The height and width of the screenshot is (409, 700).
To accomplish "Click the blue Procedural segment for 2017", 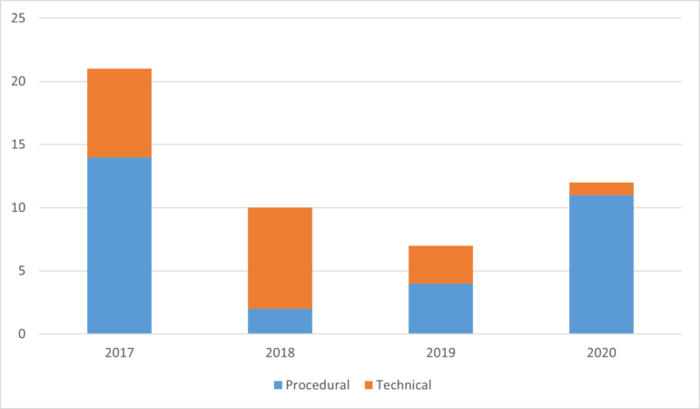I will coord(119,245).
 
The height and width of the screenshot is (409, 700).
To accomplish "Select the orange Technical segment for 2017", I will coord(119,113).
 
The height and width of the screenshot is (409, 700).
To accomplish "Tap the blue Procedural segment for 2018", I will coord(280,321).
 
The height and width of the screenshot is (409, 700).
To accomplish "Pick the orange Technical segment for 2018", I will coord(280,258).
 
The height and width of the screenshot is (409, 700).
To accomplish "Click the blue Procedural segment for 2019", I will coord(440,308).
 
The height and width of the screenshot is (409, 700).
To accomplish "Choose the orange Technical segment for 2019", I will coord(440,264).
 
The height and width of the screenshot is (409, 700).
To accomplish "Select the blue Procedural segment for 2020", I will coord(601,264).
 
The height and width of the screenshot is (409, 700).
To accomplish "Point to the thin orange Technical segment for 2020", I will coord(601,189).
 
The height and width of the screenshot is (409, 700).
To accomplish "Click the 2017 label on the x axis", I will coord(119,352).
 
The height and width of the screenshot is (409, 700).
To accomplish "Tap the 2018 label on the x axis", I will coord(280,352).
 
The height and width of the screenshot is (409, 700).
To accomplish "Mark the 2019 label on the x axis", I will coord(440,352).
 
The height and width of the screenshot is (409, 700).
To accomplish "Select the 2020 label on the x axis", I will coord(601,352).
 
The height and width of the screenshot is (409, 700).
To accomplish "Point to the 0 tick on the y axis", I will coord(33,334).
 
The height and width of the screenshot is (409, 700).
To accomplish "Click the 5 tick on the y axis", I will coord(33,271).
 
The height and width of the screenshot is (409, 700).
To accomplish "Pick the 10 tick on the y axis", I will coord(29,207).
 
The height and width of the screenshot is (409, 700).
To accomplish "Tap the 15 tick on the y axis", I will coord(29,145).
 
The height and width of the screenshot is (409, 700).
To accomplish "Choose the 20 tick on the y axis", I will coord(29,82).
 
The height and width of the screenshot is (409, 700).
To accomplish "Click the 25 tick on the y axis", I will coord(29,19).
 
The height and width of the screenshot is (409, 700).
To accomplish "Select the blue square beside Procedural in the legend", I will coord(277,385).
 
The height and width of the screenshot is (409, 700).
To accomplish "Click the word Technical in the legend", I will coord(403,385).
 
